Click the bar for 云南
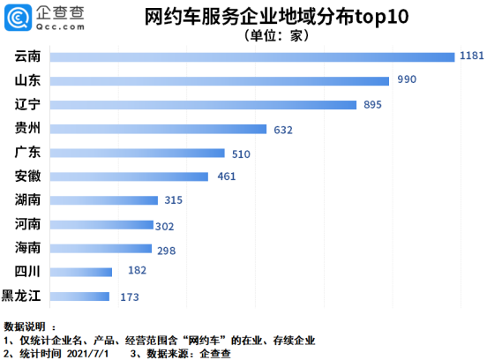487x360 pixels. pos(252,56)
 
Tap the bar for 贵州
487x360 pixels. pos(159,129)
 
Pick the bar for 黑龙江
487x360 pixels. pos(80,296)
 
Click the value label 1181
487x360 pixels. pos(472,56)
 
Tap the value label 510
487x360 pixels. pos(240,154)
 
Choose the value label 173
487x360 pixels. pos(130,297)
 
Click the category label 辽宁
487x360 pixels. pos(27,104)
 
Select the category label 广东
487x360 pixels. pos(27,153)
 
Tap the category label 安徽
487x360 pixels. pos(27,176)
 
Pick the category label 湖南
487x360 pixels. pos(27,200)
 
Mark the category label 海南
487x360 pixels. pos(27,248)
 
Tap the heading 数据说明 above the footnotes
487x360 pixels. pos(27,326)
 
